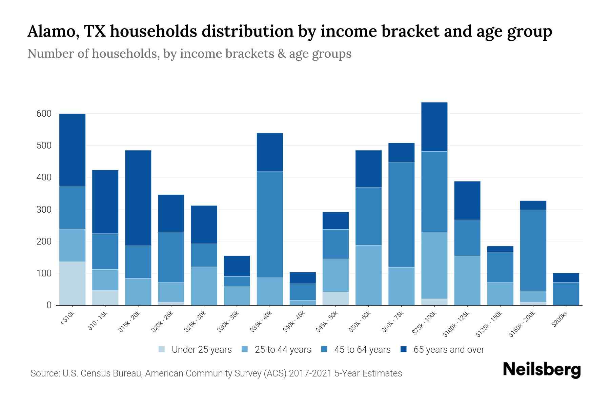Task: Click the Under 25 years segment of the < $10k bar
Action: pos(72,283)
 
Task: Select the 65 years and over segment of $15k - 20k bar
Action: pos(138,198)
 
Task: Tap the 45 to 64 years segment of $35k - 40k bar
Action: pos(270,225)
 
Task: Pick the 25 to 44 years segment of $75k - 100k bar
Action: pos(434,266)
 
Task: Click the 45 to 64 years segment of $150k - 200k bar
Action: pos(533,250)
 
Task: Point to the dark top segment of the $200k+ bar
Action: pos(566,277)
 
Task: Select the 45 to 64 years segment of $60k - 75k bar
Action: pos(401,214)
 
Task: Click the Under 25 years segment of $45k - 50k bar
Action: pos(335,298)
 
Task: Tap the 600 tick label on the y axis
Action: pos(44,114)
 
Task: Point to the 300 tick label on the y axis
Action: pos(44,210)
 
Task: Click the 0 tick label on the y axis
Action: pos(49,305)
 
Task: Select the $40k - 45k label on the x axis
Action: pos(294,322)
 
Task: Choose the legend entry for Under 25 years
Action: pos(201,350)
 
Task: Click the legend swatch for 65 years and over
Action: pos(404,349)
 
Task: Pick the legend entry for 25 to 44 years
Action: pos(283,350)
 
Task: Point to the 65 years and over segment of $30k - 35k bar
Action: pos(237,266)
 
